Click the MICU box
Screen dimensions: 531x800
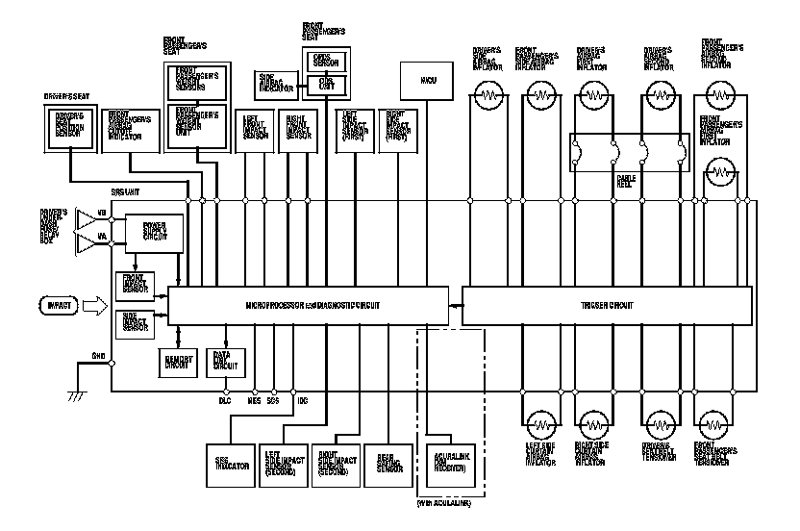(x=426, y=76)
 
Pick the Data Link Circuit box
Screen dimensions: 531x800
(x=225, y=359)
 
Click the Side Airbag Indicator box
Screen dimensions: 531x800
(x=273, y=84)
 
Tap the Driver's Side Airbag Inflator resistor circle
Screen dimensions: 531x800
(x=490, y=96)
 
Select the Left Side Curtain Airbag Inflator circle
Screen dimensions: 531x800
(x=545, y=423)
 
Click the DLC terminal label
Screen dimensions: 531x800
(x=224, y=398)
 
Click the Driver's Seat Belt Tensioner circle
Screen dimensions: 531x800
(x=659, y=423)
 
